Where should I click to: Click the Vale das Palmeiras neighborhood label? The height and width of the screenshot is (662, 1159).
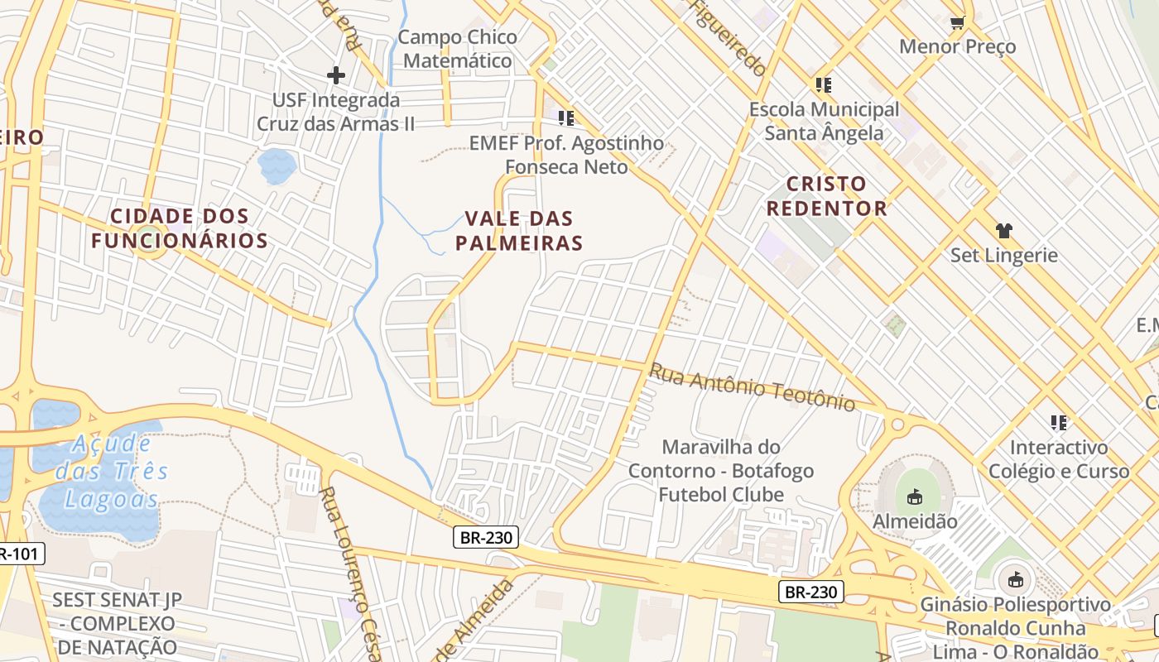pos(523,231)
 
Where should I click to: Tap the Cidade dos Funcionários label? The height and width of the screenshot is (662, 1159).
pos(180,228)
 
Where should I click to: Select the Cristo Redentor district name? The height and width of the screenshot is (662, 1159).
pos(826,196)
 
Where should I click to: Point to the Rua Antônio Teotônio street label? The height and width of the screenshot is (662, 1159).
pos(752,386)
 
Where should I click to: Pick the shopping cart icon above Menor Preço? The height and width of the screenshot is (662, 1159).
pos(957,22)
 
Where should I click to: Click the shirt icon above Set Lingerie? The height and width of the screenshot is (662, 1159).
pos(1004,231)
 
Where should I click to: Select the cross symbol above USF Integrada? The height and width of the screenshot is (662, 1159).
pos(335,76)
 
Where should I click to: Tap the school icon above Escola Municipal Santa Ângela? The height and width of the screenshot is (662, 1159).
pos(823,85)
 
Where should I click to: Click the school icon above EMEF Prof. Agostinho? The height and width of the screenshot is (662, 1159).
pos(566,118)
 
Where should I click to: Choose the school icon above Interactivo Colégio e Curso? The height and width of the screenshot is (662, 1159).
pos(1058,424)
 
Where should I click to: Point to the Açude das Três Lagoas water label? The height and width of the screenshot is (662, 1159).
pos(112,472)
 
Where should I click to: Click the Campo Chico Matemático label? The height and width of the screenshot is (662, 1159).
pos(458,49)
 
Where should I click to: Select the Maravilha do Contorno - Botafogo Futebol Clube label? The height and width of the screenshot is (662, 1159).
pos(720,471)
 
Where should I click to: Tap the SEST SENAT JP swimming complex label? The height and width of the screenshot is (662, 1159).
pos(115,623)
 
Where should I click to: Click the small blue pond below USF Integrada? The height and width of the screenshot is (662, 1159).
pos(277,166)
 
